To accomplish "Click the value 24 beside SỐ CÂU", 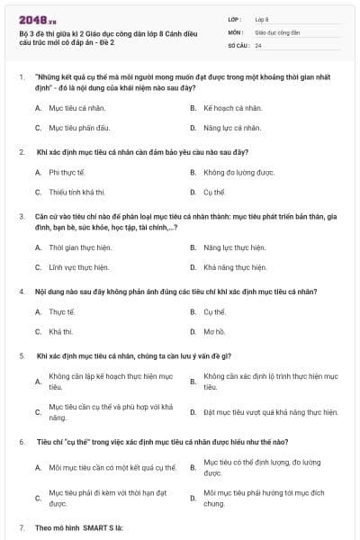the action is pyautogui.click(x=258, y=44).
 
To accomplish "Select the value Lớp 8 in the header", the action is pyautogui.click(x=262, y=18).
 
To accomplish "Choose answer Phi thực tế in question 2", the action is pyautogui.click(x=67, y=171).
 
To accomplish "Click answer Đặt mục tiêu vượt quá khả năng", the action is pyautogui.click(x=271, y=412).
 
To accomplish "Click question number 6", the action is pyautogui.click(x=21, y=442).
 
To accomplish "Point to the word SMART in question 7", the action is pyautogui.click(x=86, y=526).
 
